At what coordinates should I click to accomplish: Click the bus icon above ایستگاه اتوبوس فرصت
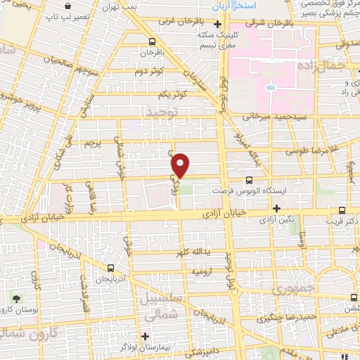point(250,180)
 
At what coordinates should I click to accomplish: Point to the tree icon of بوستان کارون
point(16,300)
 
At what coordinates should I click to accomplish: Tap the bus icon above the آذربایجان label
point(110,268)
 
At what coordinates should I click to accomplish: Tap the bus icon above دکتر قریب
point(342,210)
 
